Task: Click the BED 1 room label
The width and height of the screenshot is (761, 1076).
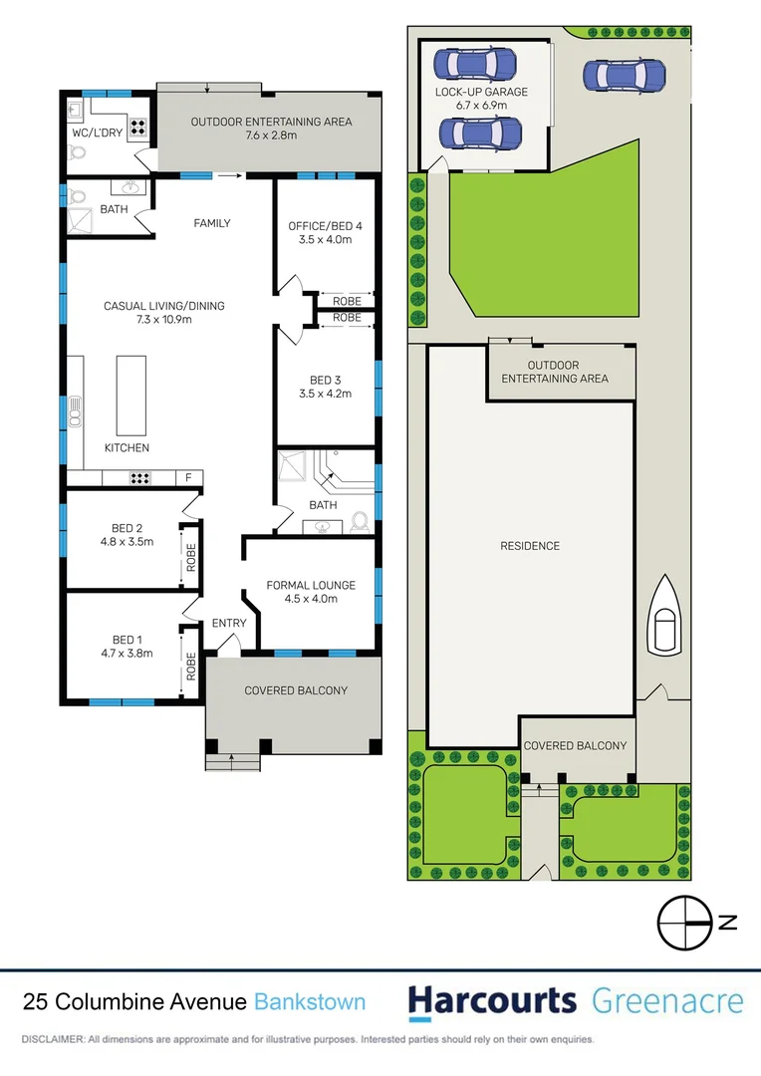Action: coord(123,640)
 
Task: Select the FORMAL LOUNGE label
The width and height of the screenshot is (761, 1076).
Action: coord(311,585)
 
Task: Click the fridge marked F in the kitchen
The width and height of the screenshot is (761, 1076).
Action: coord(187,478)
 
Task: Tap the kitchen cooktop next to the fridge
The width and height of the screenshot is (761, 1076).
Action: coord(140,478)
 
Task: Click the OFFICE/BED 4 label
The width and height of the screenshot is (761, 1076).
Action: coord(325,226)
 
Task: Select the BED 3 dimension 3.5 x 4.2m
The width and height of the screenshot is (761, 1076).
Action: coord(325,394)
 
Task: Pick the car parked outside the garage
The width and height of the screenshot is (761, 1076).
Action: coord(624,75)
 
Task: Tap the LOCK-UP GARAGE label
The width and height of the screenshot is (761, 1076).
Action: coord(482,92)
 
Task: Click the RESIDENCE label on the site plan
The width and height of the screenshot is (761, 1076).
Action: coord(530,546)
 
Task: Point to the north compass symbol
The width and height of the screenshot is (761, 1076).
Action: coord(687,924)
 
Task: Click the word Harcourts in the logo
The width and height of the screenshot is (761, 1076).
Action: coord(492,1001)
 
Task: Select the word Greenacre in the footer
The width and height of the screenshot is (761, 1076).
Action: coord(667,1001)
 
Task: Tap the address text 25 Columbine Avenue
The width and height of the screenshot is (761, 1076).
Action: coord(135,1002)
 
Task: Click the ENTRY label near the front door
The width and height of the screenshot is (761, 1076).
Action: coord(229,624)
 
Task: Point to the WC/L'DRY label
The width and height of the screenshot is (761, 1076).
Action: coord(98,133)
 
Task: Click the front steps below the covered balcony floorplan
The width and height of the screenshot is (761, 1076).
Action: coord(232,762)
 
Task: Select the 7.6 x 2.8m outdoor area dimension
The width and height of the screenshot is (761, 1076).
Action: coord(271,136)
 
